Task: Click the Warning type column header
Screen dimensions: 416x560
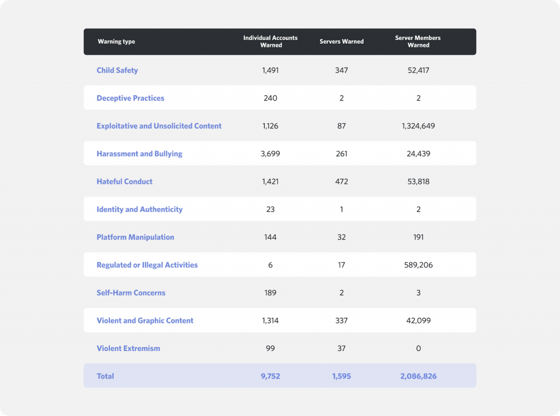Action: click(x=116, y=42)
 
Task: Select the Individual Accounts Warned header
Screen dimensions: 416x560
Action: click(x=271, y=42)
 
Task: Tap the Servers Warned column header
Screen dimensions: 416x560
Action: click(x=341, y=42)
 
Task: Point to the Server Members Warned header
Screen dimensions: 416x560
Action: click(x=418, y=42)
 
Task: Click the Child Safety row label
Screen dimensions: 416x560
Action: click(x=117, y=71)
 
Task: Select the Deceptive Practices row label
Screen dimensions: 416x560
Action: click(x=130, y=99)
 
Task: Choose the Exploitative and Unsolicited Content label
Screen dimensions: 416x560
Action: click(x=159, y=126)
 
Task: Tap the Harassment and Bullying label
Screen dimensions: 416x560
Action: click(x=139, y=154)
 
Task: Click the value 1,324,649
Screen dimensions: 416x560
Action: click(x=418, y=126)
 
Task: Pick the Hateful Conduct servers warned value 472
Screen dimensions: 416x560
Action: click(x=341, y=182)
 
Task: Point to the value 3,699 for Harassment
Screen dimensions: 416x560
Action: click(x=270, y=154)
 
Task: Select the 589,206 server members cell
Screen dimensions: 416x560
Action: click(x=418, y=265)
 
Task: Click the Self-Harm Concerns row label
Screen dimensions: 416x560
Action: click(x=131, y=293)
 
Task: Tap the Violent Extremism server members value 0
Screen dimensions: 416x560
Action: click(x=418, y=349)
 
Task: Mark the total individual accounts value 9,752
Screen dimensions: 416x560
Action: click(x=270, y=377)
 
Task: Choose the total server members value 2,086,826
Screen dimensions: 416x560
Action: click(x=418, y=377)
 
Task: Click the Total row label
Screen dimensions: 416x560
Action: click(x=105, y=377)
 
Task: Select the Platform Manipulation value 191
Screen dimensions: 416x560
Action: click(x=418, y=238)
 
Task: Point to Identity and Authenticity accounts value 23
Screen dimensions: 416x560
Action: click(x=270, y=210)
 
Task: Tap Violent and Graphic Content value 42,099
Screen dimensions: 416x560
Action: click(x=418, y=321)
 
